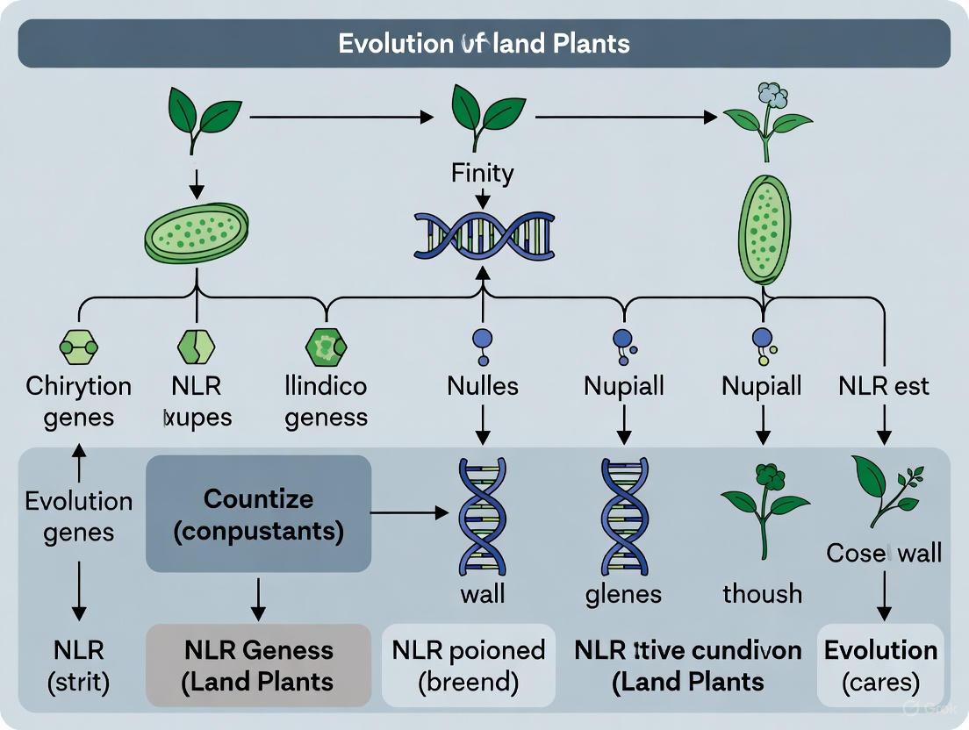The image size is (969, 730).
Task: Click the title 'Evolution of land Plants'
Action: [484, 44]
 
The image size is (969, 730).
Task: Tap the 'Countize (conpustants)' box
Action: [258, 514]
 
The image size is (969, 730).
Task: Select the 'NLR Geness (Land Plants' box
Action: [258, 665]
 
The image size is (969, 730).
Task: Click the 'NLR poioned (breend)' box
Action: [469, 665]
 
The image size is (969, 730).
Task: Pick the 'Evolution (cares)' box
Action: [880, 665]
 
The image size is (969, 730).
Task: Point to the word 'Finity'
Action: [482, 174]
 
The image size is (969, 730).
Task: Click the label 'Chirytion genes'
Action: [79, 401]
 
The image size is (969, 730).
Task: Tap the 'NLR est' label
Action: [883, 386]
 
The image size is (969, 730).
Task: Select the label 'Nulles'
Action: [482, 386]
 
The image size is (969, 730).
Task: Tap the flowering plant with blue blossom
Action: [765, 118]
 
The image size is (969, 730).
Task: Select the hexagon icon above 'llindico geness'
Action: [326, 347]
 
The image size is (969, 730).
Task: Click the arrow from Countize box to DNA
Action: [409, 512]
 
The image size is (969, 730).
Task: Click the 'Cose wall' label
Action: [884, 553]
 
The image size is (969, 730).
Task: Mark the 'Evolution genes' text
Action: [79, 517]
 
